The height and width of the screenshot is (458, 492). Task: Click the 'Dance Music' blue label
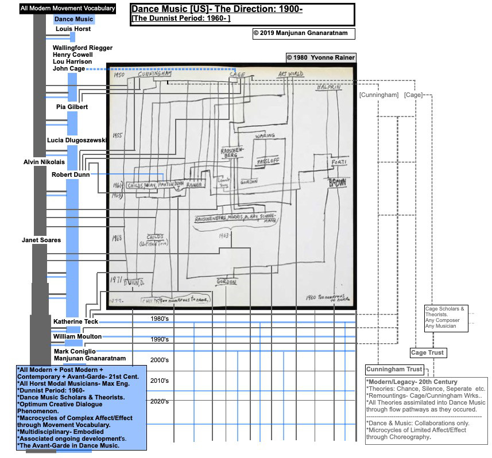point(73,20)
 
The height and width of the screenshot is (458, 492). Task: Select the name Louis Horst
point(73,29)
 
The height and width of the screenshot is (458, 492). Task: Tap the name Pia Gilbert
point(72,107)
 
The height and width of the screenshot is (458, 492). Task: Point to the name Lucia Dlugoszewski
point(77,140)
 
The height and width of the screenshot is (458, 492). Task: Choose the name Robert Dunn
point(71,174)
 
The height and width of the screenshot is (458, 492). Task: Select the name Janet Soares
point(41,240)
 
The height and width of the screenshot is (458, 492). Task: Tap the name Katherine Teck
point(76,321)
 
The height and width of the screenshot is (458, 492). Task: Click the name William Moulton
point(78,336)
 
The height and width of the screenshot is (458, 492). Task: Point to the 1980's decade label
point(160,319)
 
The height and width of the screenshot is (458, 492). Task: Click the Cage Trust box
point(428,352)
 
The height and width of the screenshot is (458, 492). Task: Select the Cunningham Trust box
point(394,369)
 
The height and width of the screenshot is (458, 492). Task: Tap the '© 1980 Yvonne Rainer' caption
point(321,57)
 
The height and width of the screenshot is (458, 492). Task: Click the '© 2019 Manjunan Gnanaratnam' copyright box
point(304,33)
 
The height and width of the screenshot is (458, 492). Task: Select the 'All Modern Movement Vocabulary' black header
point(68,9)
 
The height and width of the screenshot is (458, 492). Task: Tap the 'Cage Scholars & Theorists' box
point(445,317)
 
